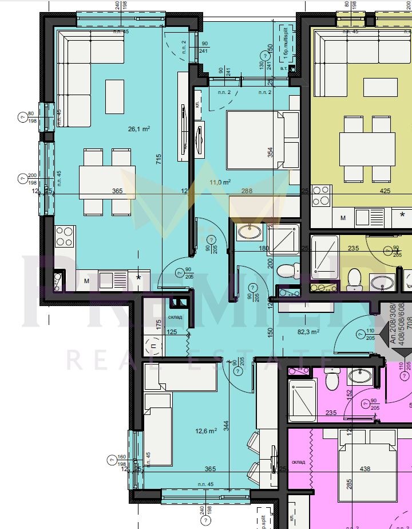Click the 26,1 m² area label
[x=139, y=129]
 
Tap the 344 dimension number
[x=227, y=426]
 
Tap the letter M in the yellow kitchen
[x=343, y=218]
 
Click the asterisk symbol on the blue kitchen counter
[x=138, y=278]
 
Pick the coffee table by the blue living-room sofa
[x=114, y=92]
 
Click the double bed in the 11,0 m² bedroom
[x=255, y=140]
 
